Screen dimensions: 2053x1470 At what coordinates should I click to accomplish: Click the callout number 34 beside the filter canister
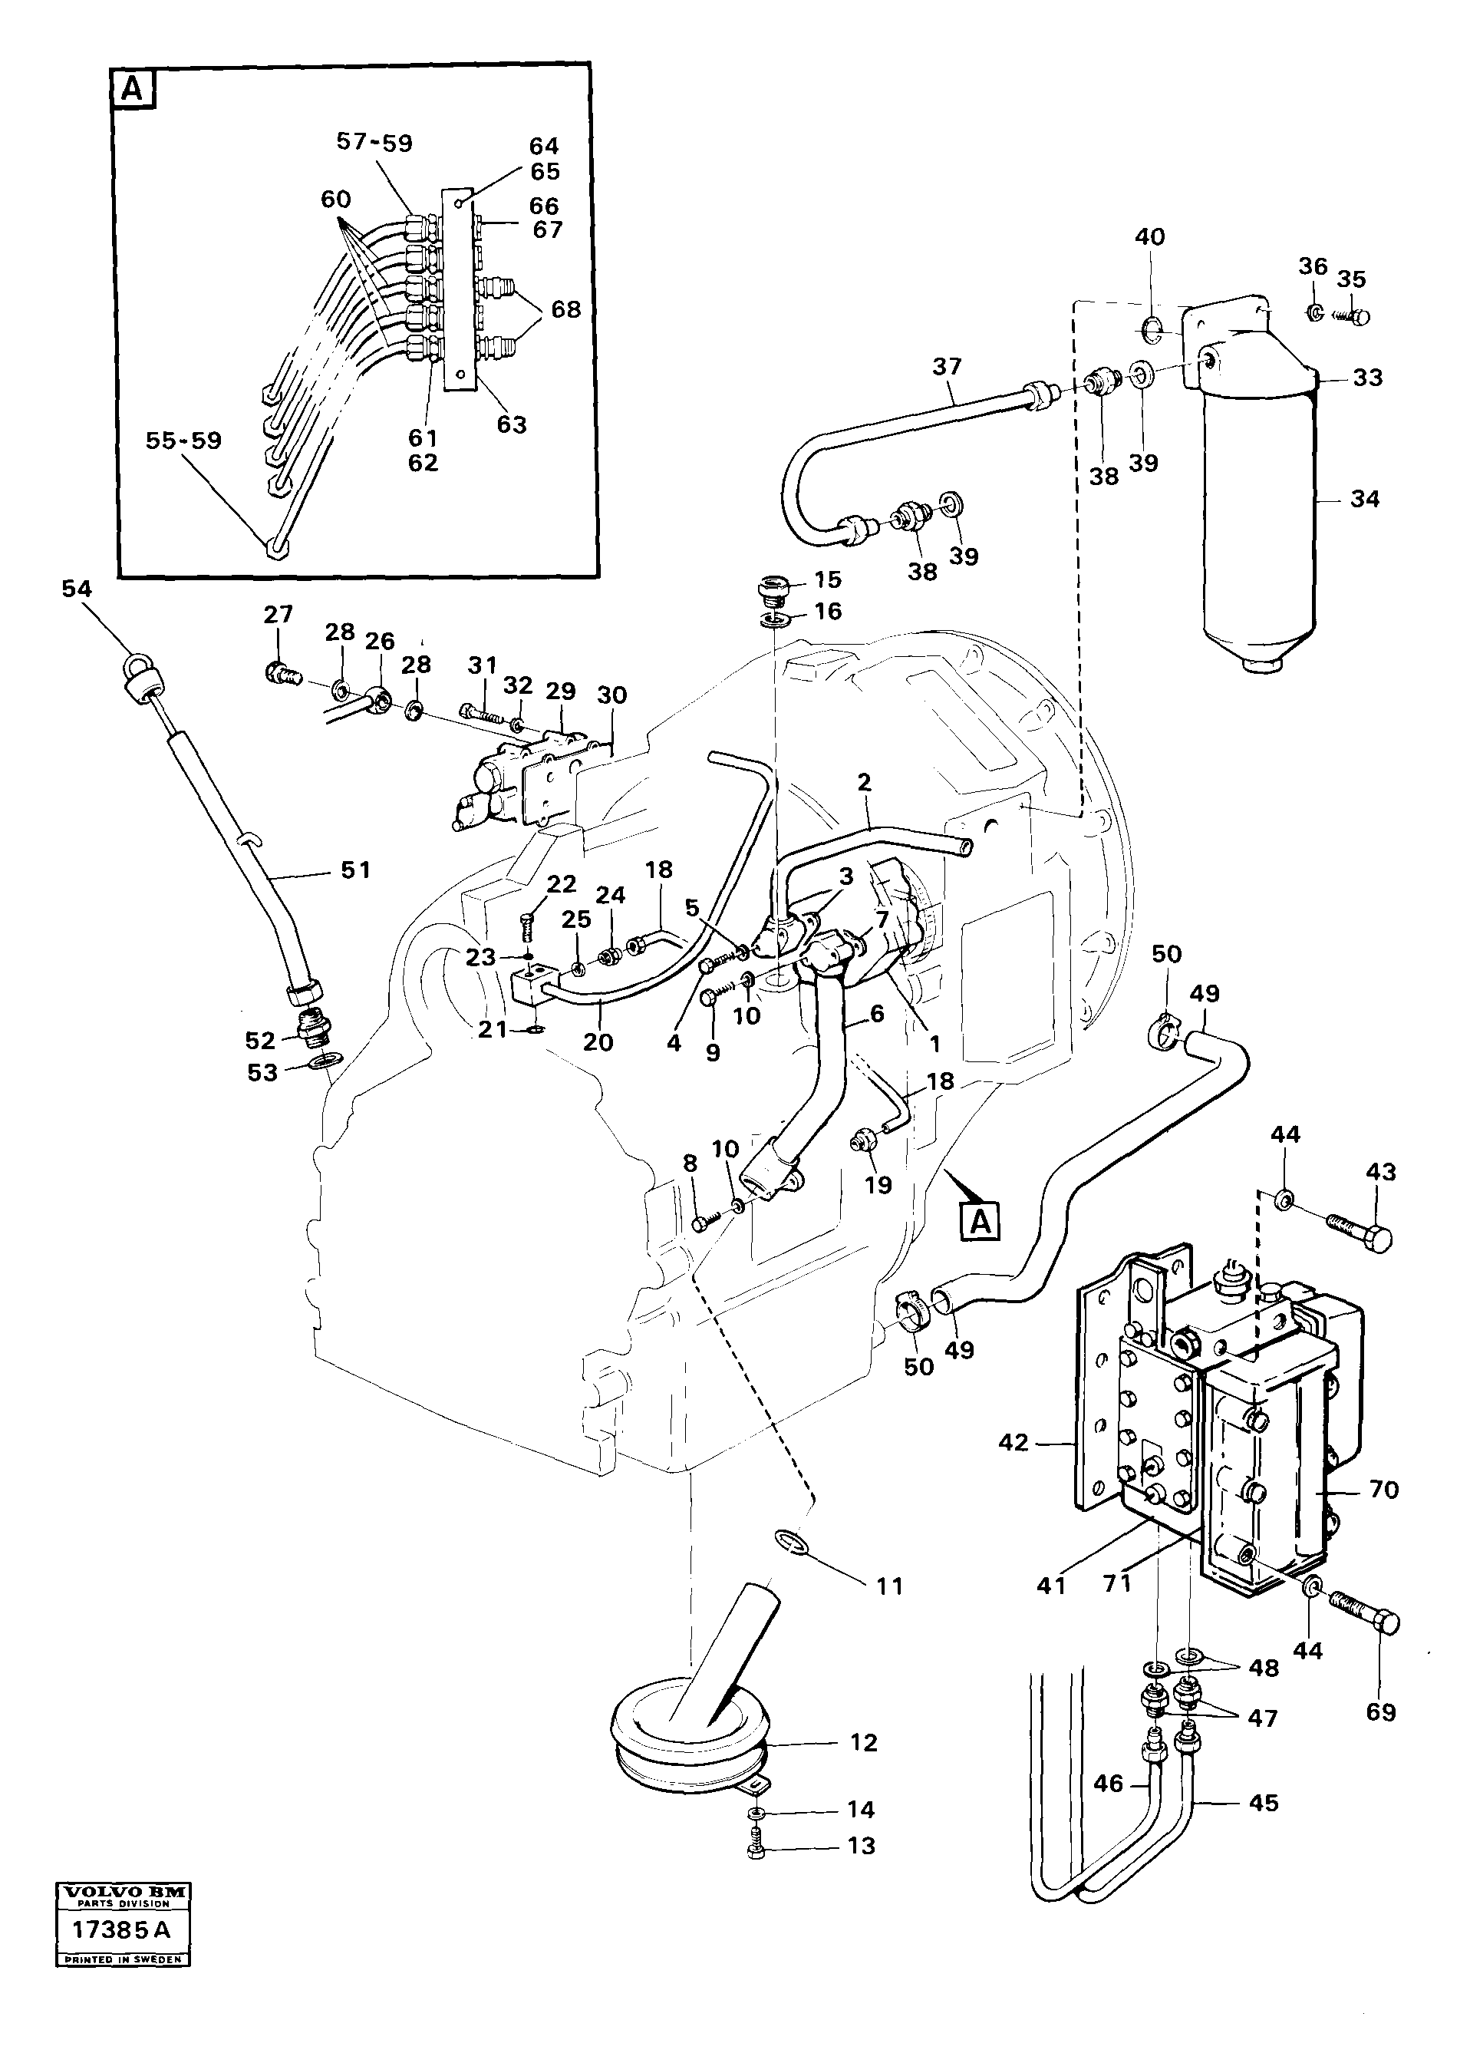click(x=1364, y=499)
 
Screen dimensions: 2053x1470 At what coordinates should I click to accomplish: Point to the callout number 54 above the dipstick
click(x=77, y=589)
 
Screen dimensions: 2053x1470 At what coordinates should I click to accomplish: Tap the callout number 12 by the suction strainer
click(x=864, y=1742)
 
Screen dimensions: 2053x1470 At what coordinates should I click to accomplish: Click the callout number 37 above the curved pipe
click(x=947, y=367)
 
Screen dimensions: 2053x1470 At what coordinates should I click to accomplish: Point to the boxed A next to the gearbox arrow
click(x=981, y=1221)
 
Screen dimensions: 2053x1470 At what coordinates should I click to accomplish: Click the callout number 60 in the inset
click(x=336, y=199)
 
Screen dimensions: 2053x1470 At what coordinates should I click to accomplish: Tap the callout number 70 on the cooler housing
click(x=1384, y=1489)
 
